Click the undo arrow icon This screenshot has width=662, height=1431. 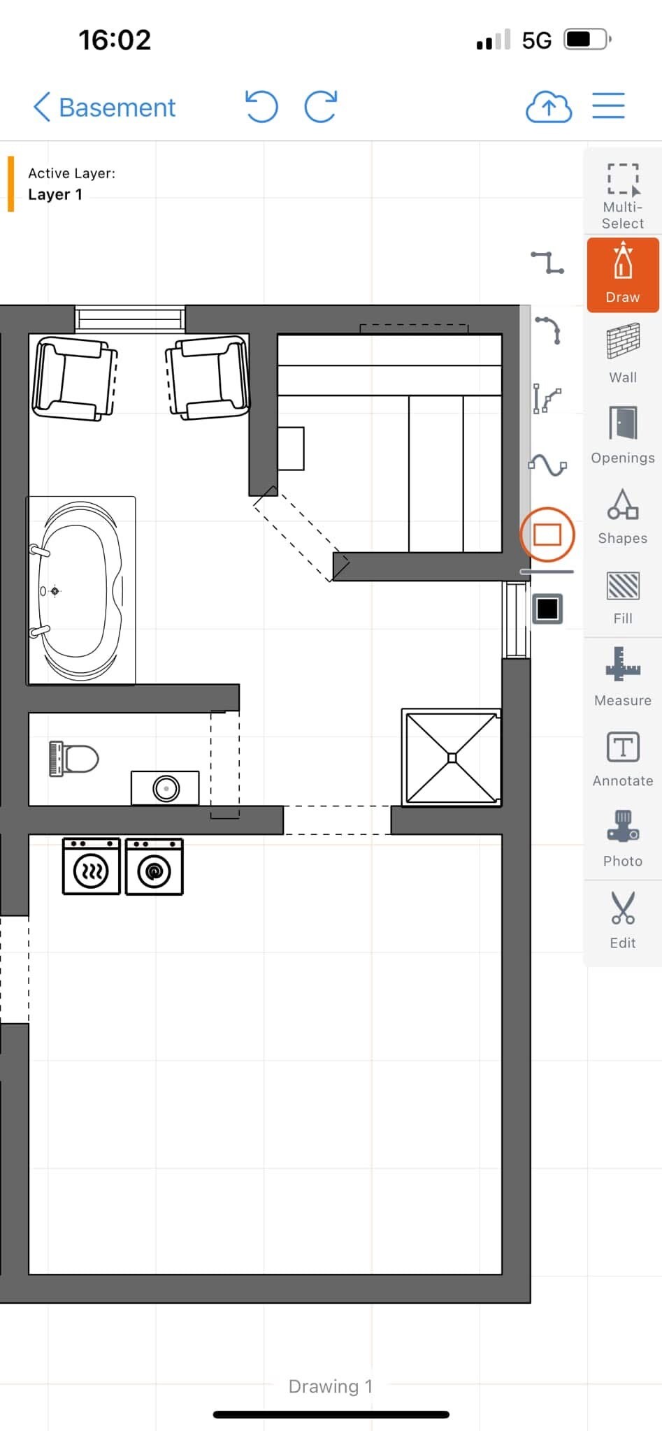pos(261,107)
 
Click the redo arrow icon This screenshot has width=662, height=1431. pos(321,107)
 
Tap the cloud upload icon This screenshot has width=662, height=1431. pos(549,107)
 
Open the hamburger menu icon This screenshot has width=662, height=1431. pos(608,106)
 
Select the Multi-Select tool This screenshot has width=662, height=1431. pos(622,196)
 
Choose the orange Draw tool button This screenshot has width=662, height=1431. pos(623,274)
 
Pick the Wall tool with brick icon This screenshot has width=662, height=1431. pos(623,354)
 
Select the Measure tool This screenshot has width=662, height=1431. pos(623,676)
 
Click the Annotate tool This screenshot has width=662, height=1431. pos(623,758)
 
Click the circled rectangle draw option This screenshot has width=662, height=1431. pos(547,535)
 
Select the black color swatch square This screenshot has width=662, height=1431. pos(547,609)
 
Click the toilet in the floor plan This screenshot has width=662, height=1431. pos(73,759)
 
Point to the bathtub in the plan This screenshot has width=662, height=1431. pos(80,591)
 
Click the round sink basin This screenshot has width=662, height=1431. pos(166,789)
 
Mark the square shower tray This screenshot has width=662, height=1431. pos(452,758)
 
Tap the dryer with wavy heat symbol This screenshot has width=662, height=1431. pos(91,866)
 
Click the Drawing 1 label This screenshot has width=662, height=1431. pos(331,1386)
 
